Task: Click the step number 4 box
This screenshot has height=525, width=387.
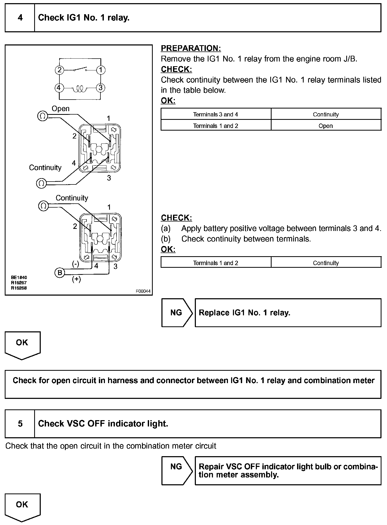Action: (20, 18)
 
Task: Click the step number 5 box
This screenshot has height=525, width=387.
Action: (20, 424)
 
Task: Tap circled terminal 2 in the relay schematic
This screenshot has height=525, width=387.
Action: (59, 70)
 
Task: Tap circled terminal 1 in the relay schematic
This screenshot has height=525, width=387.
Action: (101, 70)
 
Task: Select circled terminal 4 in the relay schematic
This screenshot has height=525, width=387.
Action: (59, 88)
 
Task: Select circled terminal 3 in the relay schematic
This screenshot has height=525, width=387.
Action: (100, 88)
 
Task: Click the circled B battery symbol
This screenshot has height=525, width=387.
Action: (60, 273)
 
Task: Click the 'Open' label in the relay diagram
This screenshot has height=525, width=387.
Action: (60, 109)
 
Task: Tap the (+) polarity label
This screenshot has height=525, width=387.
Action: (77, 279)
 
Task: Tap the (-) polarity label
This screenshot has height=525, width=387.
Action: (76, 264)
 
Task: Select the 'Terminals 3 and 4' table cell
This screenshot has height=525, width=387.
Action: (216, 114)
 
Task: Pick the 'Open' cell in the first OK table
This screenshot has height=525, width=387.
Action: (326, 126)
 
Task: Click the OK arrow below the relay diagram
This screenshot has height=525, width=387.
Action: (22, 344)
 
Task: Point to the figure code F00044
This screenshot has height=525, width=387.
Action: (143, 291)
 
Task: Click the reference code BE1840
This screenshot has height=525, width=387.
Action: (19, 277)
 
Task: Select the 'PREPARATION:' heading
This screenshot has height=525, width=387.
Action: (191, 48)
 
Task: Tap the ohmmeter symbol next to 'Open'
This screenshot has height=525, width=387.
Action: (42, 116)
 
